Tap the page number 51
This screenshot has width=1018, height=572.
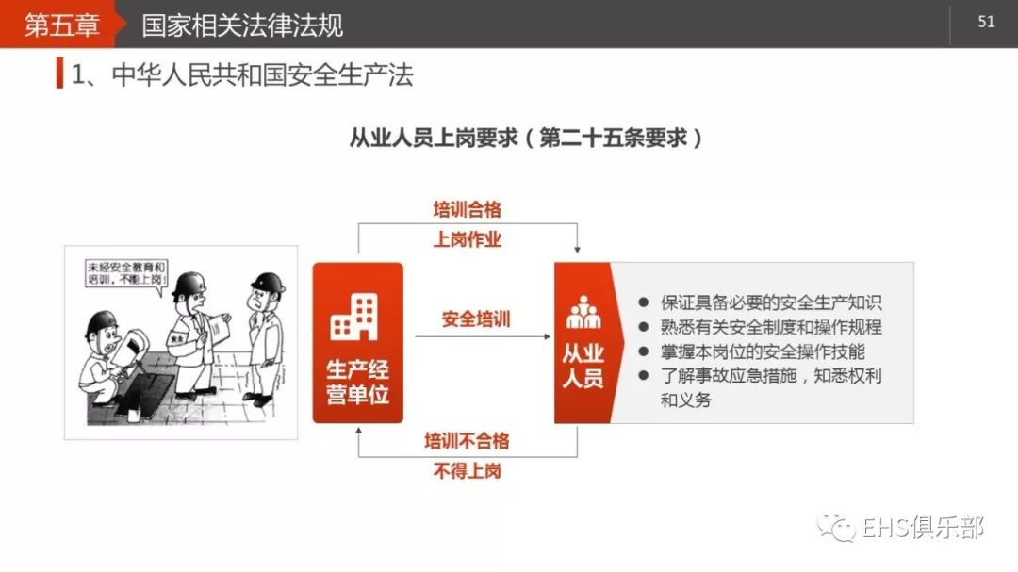tap(986, 22)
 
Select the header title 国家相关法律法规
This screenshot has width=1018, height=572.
tap(242, 25)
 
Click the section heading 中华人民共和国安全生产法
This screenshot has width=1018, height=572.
tap(262, 75)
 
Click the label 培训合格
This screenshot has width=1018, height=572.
tap(468, 209)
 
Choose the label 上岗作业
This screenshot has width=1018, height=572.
tap(468, 239)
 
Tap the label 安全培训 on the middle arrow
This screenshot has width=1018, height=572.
tap(476, 319)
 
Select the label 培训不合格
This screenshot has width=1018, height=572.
tap(467, 440)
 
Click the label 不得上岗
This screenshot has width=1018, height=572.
tap(467, 471)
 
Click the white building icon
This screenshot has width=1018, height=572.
tap(353, 316)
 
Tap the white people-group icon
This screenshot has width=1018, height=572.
tap(583, 312)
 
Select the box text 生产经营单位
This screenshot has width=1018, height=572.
tap(357, 382)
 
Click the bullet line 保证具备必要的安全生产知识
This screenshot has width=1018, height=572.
tap(771, 303)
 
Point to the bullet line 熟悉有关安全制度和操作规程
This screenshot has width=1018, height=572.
tap(771, 328)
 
